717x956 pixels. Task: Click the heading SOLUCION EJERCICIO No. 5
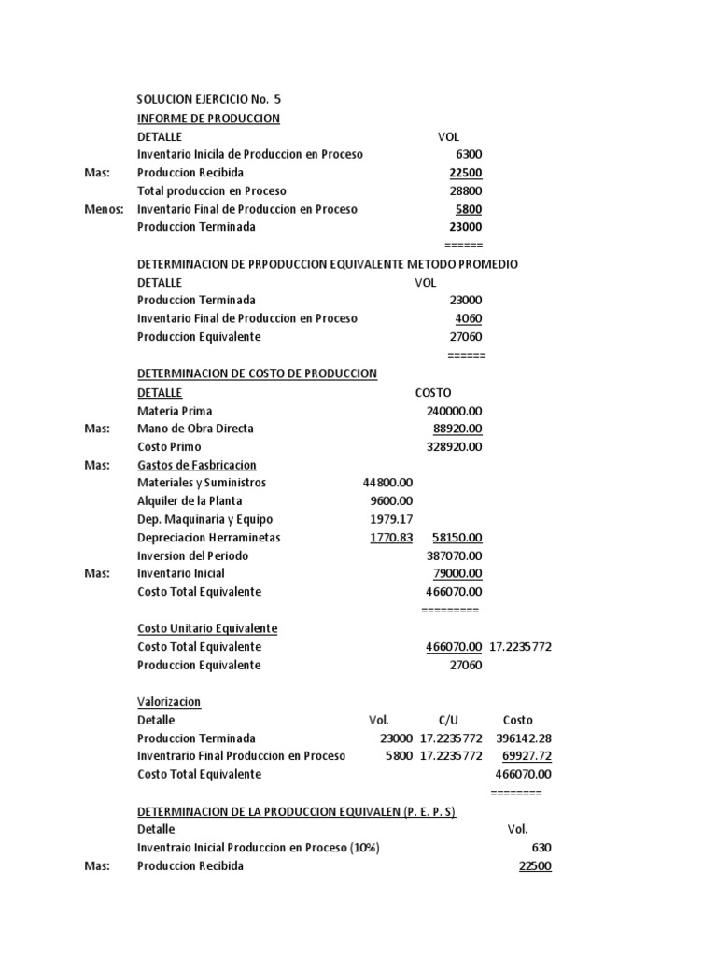tap(208, 100)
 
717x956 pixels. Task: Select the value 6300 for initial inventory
tap(469, 155)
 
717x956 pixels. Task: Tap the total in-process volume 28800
tap(466, 191)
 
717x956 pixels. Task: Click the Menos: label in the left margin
tap(104, 210)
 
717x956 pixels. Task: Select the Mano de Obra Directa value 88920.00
tap(457, 429)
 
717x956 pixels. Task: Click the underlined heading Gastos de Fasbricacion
tap(197, 465)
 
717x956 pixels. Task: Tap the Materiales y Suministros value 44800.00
tap(387, 483)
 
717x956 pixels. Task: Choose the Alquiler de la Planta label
tap(190, 501)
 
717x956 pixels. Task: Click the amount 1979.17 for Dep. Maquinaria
tap(392, 520)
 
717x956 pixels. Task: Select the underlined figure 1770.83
tap(391, 538)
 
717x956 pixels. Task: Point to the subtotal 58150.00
tap(457, 538)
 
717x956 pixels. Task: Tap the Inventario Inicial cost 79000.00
tap(457, 574)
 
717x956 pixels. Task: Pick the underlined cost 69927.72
tap(527, 756)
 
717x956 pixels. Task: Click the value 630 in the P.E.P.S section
tap(541, 848)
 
